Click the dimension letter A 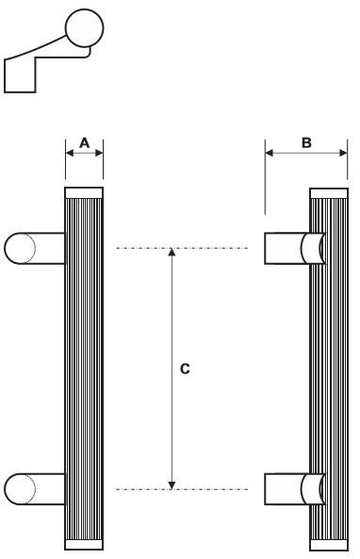(x=84, y=143)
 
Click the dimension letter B (x=305, y=143)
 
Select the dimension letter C (x=185, y=370)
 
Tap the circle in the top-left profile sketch (x=84, y=31)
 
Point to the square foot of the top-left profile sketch (x=21, y=75)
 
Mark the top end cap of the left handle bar (x=84, y=193)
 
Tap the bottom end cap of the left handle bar (x=84, y=544)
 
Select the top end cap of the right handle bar (x=329, y=193)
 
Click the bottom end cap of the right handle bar (x=329, y=544)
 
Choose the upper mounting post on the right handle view (x=292, y=248)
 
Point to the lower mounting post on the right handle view (x=292, y=489)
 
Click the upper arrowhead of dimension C (x=171, y=254)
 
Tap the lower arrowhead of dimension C (x=171, y=484)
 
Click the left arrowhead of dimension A (x=69, y=153)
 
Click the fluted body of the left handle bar (x=84, y=368)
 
